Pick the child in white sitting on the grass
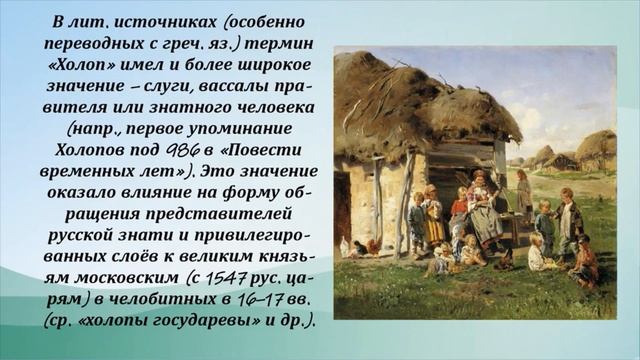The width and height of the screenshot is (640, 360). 538,255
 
